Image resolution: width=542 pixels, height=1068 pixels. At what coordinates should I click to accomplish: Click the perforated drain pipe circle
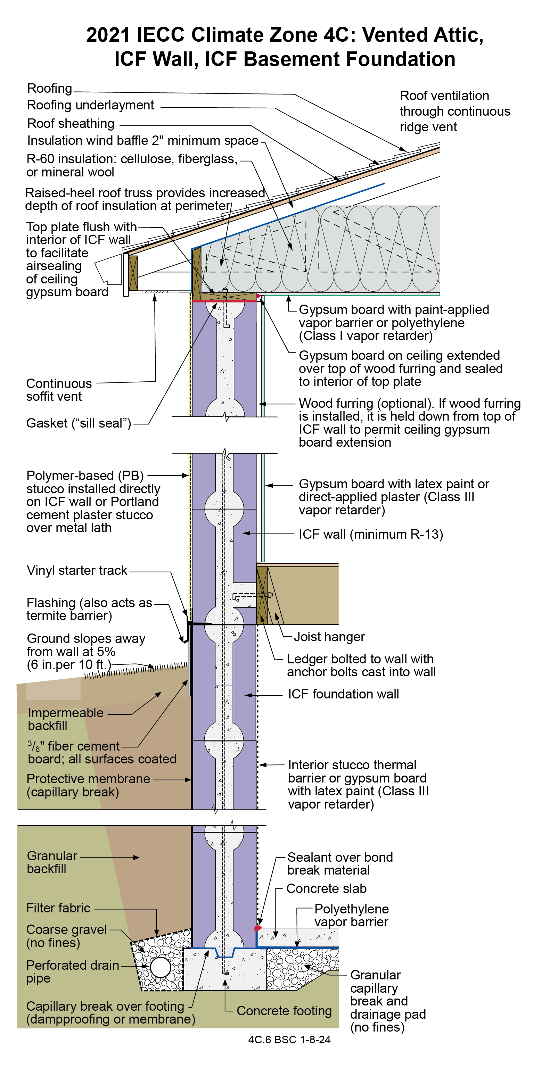click(x=160, y=968)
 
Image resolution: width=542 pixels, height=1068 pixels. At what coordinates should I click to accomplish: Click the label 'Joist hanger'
click(x=329, y=636)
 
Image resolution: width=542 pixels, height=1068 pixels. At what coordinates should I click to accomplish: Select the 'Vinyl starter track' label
click(x=77, y=571)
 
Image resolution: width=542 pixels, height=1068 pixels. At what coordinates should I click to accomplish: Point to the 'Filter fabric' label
click(x=58, y=908)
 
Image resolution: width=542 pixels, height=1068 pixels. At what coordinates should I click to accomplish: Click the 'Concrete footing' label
click(x=284, y=1011)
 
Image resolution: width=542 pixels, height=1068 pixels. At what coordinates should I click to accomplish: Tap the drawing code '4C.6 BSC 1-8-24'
click(x=289, y=1040)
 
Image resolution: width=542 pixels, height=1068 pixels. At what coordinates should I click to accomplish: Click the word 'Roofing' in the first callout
click(x=49, y=88)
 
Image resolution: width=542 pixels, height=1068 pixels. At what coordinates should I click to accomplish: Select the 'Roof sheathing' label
click(x=71, y=123)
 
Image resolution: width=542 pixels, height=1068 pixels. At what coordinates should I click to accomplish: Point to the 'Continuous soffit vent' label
click(x=58, y=390)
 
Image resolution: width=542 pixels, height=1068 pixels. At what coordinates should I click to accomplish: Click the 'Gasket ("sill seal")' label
click(x=79, y=423)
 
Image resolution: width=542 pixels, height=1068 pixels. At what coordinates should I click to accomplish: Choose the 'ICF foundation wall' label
click(x=343, y=694)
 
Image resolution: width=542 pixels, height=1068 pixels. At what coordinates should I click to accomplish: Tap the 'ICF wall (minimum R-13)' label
click(x=371, y=534)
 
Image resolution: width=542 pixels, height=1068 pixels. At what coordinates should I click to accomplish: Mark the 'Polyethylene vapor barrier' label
click(x=351, y=915)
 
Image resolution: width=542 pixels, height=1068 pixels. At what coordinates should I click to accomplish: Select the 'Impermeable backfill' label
click(x=66, y=719)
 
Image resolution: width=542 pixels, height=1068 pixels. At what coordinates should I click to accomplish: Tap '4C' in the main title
click(x=335, y=35)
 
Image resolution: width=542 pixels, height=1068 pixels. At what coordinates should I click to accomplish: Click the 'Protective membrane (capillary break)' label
click(x=88, y=785)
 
